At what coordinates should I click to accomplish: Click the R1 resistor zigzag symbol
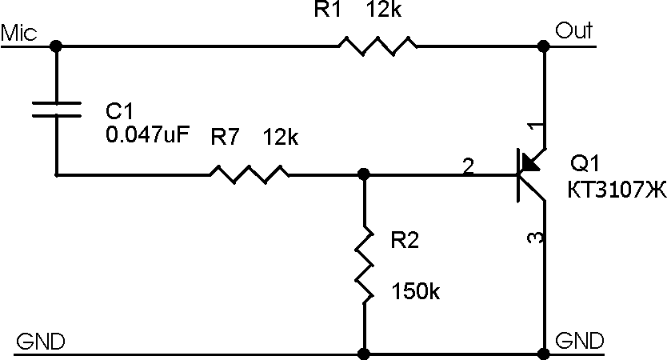pos(377,46)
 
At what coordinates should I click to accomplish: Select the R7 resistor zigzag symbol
pos(250,174)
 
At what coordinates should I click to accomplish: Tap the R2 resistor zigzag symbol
pos(365,266)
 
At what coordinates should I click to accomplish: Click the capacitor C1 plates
pos(57,109)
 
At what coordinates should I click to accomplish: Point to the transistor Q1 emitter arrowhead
pos(529,162)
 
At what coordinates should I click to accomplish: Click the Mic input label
pos(18,33)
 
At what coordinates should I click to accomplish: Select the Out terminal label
pos(574,30)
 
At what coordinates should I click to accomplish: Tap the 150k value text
pos(415,291)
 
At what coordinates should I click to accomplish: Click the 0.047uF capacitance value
pos(147,134)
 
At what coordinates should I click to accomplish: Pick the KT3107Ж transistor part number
pos(617,190)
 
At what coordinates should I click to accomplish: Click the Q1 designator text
pos(585,163)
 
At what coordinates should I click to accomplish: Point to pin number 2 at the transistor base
pos(468,166)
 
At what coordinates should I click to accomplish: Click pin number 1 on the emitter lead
pos(535,127)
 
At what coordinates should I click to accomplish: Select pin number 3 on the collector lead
pos(535,238)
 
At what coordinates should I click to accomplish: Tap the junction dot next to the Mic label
pos(56,46)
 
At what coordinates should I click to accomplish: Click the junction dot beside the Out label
pos(544,46)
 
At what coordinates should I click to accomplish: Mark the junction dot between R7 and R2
pos(364,174)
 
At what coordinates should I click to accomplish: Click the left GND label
pos(41,342)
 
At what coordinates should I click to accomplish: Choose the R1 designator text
pos(328,10)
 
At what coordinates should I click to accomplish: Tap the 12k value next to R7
pos(281,137)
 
